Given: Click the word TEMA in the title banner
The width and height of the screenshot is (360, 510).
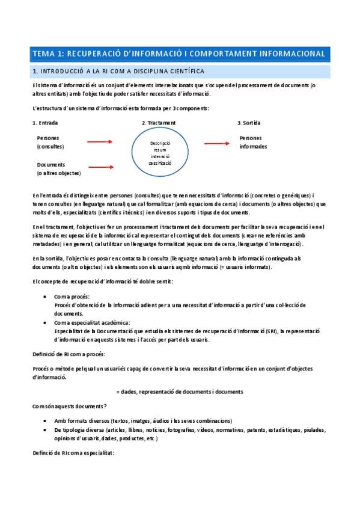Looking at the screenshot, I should point(45,54).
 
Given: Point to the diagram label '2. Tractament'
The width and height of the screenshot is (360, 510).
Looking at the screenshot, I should point(159,123).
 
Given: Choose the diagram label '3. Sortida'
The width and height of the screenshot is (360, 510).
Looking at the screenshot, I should point(249,123).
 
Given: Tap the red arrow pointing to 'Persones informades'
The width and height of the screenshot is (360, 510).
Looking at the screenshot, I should point(217,143).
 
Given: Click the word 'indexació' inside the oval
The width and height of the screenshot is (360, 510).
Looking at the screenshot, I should point(160,156).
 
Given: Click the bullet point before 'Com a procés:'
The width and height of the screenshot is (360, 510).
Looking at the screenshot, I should point(47,297).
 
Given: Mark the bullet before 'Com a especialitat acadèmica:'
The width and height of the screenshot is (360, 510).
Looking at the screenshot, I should point(47,323).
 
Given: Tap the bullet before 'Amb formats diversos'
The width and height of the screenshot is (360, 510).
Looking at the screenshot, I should point(47,421).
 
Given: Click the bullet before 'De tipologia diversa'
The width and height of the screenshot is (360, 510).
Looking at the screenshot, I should point(47,430).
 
